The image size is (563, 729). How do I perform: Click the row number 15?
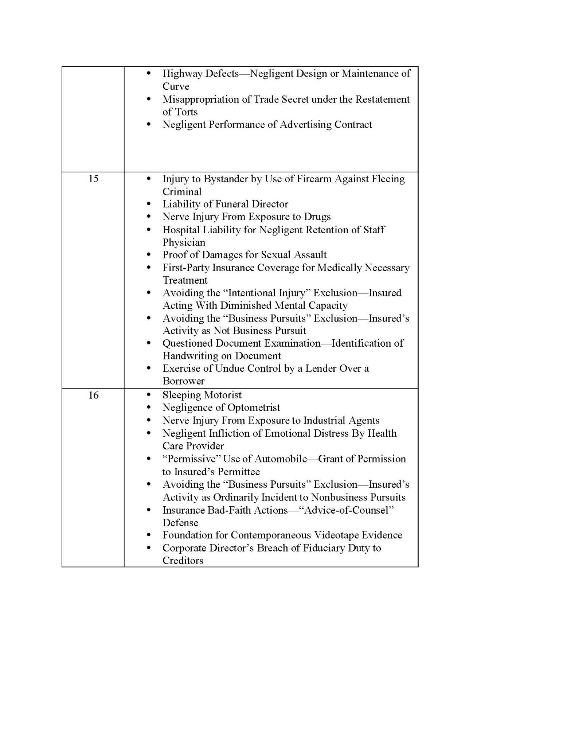point(93,179)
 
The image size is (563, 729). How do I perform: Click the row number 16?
point(93,395)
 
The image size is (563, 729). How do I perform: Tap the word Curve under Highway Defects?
point(176,86)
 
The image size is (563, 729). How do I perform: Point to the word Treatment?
point(185,280)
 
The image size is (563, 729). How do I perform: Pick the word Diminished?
point(245,305)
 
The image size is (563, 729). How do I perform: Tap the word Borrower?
point(183,381)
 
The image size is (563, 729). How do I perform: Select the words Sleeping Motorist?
point(202,395)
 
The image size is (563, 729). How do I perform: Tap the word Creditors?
point(183,561)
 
